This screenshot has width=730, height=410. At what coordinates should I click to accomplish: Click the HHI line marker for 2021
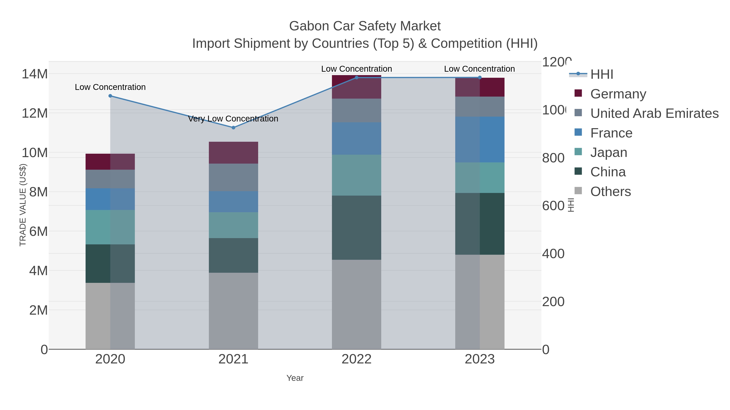pyautogui.click(x=233, y=128)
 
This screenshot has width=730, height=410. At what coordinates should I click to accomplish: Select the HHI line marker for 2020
pyautogui.click(x=110, y=96)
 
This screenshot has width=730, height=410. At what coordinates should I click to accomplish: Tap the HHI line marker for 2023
pyautogui.click(x=480, y=78)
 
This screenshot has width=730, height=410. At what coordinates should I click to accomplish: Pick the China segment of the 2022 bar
pyautogui.click(x=356, y=228)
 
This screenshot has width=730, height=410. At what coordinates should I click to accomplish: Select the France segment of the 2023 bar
pyautogui.click(x=480, y=139)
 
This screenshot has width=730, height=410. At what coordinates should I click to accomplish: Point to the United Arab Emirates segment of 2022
pyautogui.click(x=356, y=110)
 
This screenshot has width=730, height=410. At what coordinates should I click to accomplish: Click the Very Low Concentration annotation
pyautogui.click(x=233, y=119)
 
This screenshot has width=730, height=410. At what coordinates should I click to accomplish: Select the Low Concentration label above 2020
pyautogui.click(x=110, y=87)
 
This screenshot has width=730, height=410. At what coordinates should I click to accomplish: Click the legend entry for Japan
pyautogui.click(x=608, y=152)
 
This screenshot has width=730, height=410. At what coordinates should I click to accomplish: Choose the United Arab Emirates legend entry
pyautogui.click(x=654, y=113)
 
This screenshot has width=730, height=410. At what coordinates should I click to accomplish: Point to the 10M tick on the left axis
pyautogui.click(x=34, y=153)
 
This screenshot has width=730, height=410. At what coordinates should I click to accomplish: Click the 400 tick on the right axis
pyautogui.click(x=553, y=254)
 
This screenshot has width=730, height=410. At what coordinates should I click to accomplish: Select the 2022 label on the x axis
pyautogui.click(x=356, y=359)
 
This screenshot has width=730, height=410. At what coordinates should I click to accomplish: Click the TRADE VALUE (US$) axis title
pyautogui.click(x=23, y=205)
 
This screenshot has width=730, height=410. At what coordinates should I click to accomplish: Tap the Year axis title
pyautogui.click(x=295, y=378)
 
